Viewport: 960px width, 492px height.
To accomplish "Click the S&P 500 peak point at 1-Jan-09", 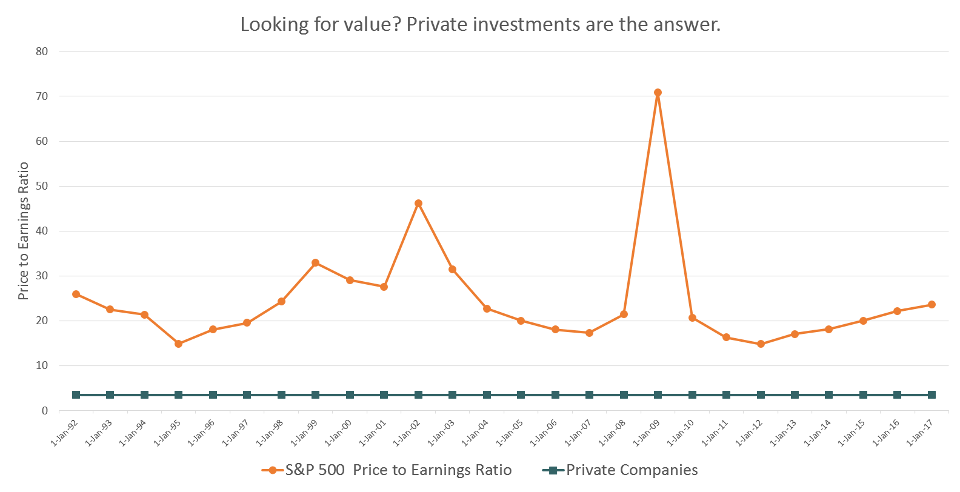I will (x=658, y=93).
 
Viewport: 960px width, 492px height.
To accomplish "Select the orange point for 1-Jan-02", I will (x=418, y=204).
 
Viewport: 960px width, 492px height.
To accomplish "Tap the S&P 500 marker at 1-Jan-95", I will (x=178, y=344).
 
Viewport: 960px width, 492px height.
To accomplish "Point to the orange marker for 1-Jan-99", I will (x=315, y=263).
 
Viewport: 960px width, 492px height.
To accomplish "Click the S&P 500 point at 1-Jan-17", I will (x=932, y=305).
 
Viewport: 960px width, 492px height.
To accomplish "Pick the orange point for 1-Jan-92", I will (x=76, y=294).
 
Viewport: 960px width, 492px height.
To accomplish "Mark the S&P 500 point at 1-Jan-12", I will (x=761, y=344).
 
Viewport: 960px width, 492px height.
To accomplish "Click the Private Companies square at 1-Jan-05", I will (x=521, y=395).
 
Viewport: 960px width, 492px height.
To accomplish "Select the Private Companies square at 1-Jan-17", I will (x=932, y=395).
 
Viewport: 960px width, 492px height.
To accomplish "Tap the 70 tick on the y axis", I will (x=42, y=96).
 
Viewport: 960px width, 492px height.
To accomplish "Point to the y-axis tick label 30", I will (x=42, y=276).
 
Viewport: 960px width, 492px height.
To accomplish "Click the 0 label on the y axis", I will (x=45, y=411).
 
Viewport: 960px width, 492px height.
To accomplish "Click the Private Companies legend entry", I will (x=632, y=470).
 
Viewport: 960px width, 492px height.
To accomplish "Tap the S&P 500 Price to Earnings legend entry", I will (x=398, y=470).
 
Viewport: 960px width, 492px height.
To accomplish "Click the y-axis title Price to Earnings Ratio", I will (x=24, y=231).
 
